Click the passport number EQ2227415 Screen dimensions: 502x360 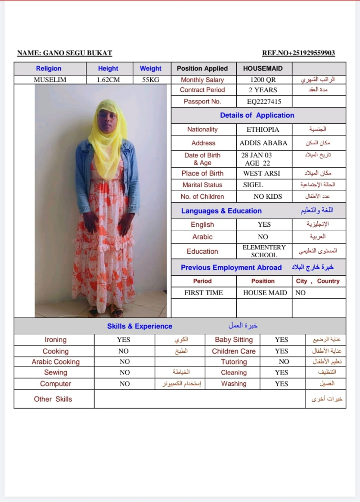264,102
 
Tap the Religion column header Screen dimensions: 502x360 49,68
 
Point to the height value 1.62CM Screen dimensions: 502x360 108,80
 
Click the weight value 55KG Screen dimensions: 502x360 150,80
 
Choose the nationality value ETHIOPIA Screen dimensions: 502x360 263,130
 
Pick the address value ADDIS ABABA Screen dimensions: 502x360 263,143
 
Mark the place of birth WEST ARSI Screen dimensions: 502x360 261,173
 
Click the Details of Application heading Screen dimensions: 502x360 257,115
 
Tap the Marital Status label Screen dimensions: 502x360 202,185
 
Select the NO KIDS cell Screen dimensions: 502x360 268,197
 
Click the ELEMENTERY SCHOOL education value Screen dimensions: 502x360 264,251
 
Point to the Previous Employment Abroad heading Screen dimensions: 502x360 231,268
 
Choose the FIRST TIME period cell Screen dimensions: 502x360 203,292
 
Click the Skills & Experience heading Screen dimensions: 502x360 139,326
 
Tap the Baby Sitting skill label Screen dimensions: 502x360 234,340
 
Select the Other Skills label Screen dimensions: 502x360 53,399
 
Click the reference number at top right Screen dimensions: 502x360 298,53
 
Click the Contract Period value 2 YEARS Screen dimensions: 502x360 263,90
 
